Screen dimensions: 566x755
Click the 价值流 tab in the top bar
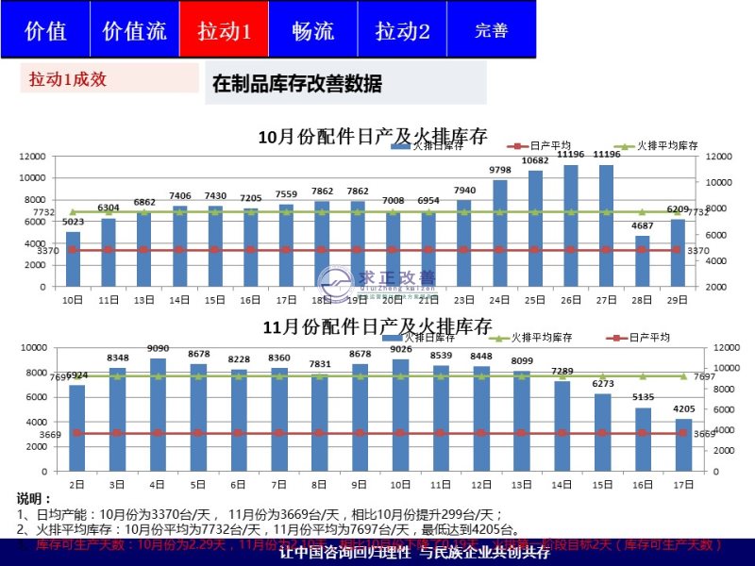click(134, 30)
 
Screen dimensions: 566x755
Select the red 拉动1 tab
click(224, 30)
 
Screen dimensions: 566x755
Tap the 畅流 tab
click(312, 30)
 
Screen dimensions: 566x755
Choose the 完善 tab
click(491, 30)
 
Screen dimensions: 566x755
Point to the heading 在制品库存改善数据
click(297, 84)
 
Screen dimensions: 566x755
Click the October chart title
click(373, 137)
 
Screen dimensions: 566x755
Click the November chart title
click(377, 327)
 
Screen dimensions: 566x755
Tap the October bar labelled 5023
click(73, 258)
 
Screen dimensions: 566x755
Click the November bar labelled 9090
click(158, 413)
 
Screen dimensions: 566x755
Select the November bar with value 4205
click(683, 444)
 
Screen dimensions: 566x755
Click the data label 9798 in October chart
click(499, 170)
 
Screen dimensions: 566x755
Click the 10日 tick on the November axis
click(400, 484)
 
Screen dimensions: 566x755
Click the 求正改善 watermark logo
click(377, 282)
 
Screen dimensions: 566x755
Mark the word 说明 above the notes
click(34, 498)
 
